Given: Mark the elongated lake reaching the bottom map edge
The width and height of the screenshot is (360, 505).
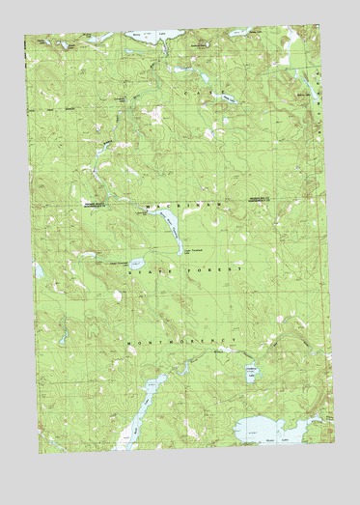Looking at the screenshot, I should pos(138,410).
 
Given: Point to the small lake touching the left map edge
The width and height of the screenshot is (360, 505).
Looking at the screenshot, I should pos(38,271).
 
